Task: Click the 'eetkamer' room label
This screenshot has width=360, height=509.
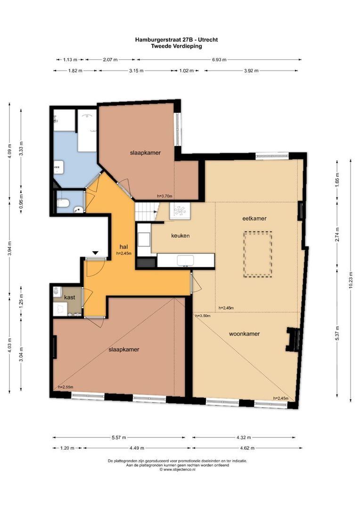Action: pyautogui.click(x=255, y=218)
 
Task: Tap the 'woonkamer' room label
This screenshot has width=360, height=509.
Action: pyautogui.click(x=244, y=334)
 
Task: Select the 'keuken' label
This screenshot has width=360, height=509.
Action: pyautogui.click(x=180, y=235)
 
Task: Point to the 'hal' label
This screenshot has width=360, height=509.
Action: pyautogui.click(x=123, y=246)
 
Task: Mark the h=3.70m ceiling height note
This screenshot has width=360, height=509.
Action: pyautogui.click(x=164, y=196)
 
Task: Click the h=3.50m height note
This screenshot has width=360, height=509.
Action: pyautogui.click(x=202, y=316)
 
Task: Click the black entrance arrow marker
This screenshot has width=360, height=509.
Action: pyautogui.click(x=95, y=253)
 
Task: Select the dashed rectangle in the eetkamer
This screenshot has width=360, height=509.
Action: pyautogui.click(x=257, y=254)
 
